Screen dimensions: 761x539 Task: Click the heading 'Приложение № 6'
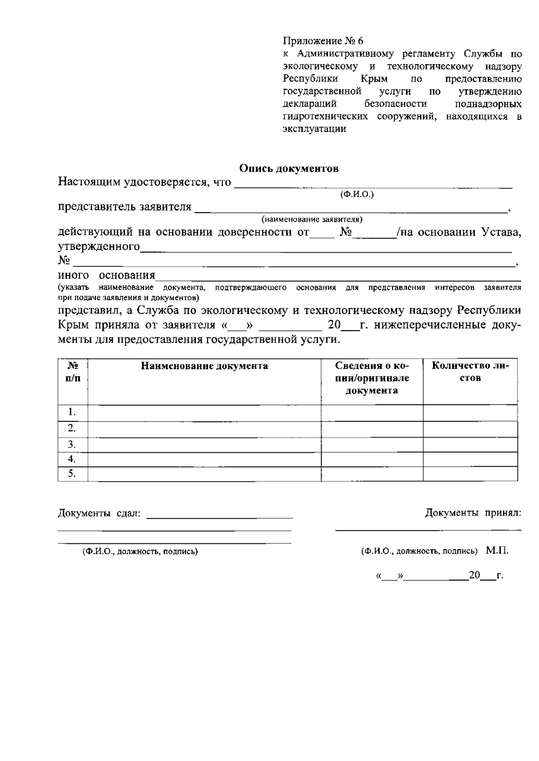(323, 41)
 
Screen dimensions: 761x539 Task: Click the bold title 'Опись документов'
(288, 169)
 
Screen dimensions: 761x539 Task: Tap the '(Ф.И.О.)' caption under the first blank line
(358, 194)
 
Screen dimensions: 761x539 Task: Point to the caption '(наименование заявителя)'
(312, 219)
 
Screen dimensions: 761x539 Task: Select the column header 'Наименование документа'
(204, 366)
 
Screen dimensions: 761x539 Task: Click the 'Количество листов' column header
(470, 372)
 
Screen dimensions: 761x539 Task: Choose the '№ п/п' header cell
(73, 372)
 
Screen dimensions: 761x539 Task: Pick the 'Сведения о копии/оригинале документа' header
(372, 378)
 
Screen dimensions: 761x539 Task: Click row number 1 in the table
(72, 412)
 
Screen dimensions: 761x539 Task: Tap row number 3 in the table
(72, 444)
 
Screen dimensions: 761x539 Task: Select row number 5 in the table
(72, 474)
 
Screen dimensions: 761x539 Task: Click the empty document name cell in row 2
(204, 429)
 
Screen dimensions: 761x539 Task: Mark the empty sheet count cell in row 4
(470, 459)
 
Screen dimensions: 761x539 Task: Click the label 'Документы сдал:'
(99, 513)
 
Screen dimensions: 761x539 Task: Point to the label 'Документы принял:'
(473, 513)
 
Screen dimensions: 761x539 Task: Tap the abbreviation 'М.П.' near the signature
(497, 551)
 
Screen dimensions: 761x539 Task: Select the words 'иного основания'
(106, 275)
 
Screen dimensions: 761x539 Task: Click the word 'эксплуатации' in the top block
(314, 129)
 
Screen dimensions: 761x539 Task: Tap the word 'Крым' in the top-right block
(374, 79)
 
